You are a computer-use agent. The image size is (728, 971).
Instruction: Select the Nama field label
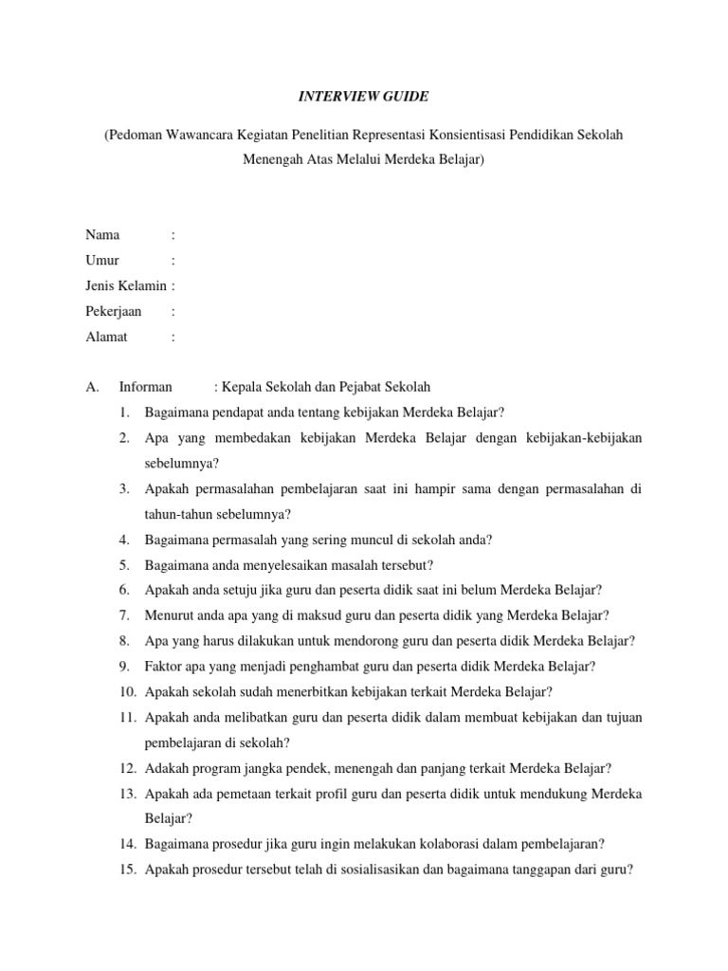103,234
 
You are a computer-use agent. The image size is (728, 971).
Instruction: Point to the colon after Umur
173,260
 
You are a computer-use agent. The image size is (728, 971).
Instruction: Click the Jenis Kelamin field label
126,285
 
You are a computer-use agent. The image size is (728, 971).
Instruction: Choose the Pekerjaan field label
114,311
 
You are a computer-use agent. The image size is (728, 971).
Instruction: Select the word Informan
146,387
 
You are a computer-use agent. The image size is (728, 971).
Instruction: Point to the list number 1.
124,412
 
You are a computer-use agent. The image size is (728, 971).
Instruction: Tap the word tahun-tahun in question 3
179,514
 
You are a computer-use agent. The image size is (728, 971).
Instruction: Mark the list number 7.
124,615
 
